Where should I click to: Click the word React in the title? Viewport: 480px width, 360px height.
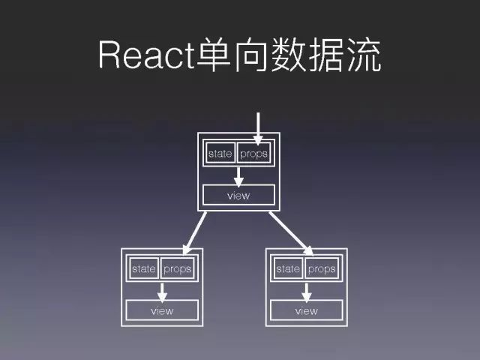point(146,56)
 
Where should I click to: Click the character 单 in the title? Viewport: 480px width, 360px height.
point(216,56)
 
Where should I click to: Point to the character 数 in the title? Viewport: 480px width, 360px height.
point(289,56)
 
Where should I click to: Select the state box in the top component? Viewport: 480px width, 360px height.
point(220,154)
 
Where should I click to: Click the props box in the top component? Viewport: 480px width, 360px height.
point(253,154)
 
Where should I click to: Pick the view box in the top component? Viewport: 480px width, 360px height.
point(238,196)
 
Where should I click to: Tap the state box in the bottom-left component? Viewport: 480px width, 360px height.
point(143,268)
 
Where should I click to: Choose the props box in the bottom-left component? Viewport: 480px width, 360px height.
point(176,268)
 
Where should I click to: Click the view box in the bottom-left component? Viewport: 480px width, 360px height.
point(161,310)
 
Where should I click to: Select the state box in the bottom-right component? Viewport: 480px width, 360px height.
point(288,268)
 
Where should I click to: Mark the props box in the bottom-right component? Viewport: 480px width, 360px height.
point(321,268)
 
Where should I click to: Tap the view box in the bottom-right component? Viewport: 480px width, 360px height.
point(306,310)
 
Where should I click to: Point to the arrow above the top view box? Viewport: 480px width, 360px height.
point(238,175)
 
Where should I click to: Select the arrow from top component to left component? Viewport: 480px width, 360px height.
point(194,232)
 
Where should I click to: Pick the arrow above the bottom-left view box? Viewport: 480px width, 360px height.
point(161,291)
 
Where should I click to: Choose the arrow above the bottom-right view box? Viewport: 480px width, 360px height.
point(306,291)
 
